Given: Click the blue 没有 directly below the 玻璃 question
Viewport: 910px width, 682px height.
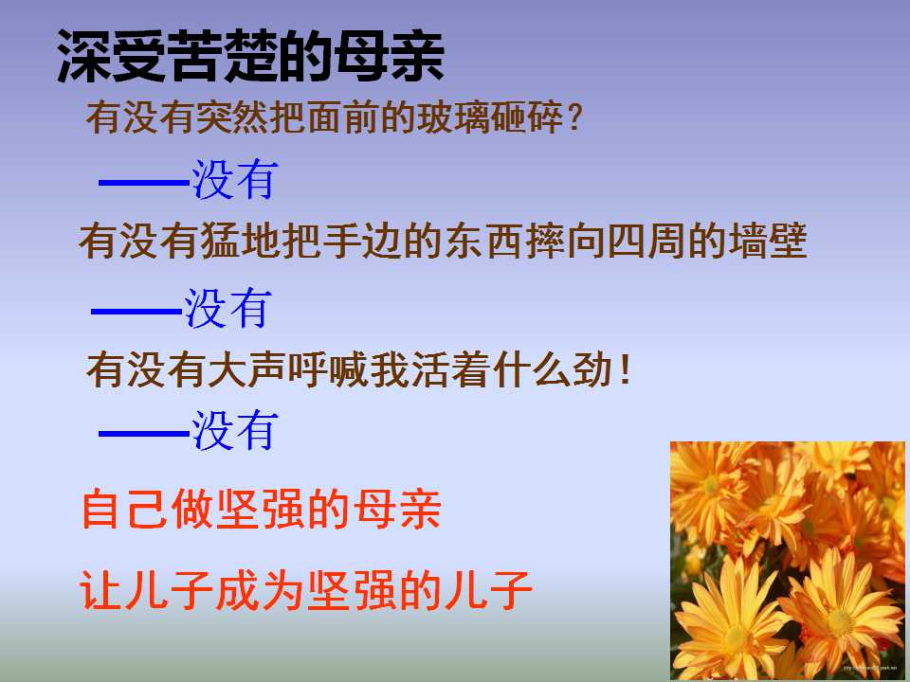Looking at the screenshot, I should pos(234,180).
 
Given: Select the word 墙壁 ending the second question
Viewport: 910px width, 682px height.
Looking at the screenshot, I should pos(770,242).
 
